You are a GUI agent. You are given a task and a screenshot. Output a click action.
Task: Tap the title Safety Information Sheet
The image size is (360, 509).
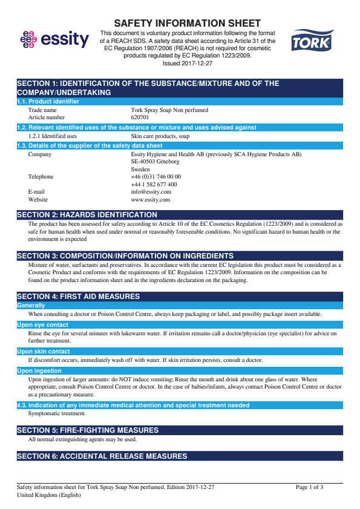point(188,23)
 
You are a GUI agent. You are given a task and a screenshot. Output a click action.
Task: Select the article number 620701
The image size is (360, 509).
point(140,117)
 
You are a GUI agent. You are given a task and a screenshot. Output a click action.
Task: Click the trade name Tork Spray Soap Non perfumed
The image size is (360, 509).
point(169,110)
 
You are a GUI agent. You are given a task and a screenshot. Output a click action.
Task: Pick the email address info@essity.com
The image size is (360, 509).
point(151,192)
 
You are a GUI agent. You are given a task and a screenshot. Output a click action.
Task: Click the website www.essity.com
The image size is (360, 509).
point(150,199)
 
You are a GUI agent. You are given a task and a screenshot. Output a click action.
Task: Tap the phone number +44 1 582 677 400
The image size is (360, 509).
point(154,184)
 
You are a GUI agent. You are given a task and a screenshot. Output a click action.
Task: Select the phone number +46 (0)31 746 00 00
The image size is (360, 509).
point(155,177)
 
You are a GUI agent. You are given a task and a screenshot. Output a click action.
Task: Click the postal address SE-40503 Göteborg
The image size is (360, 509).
point(155,162)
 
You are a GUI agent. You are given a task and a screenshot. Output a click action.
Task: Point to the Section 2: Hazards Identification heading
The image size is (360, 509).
point(87,215)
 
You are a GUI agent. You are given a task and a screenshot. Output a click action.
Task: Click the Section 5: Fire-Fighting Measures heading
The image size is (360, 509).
point(88,430)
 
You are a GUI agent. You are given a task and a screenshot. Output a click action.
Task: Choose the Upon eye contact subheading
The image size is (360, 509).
point(42,325)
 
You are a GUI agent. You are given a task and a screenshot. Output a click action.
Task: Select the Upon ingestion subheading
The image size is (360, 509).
point(39,370)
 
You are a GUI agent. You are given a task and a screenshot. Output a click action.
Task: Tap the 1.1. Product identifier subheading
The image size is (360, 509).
point(48,102)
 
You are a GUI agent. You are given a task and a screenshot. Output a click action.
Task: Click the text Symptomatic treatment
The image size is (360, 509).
point(57,413)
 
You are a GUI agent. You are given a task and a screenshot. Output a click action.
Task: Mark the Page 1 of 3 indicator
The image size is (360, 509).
point(309,487)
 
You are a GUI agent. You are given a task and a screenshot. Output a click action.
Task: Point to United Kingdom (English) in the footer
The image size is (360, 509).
point(48,494)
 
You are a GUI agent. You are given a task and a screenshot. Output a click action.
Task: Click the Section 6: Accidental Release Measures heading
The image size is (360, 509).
point(102,456)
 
